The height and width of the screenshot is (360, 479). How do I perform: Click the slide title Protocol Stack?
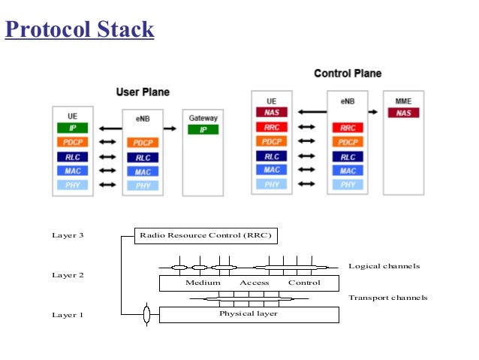[80, 29]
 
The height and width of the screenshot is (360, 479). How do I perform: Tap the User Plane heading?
[143, 92]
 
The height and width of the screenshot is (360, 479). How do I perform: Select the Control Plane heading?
[347, 74]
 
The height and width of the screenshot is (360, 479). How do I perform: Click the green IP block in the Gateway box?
[203, 130]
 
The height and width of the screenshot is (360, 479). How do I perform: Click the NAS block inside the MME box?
[403, 113]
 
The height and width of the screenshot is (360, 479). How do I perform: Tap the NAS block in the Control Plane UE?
[271, 113]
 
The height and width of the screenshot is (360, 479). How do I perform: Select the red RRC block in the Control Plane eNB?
[347, 128]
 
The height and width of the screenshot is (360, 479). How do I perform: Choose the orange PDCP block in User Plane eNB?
[143, 143]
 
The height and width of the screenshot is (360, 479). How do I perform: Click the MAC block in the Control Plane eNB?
[347, 171]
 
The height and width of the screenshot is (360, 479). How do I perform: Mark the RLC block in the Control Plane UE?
[271, 156]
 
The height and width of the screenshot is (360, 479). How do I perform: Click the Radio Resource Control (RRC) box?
[206, 236]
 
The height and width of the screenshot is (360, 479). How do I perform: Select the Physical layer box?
[248, 314]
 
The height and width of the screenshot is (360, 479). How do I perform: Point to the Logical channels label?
[384, 266]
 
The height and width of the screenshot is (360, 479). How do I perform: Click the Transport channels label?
[387, 298]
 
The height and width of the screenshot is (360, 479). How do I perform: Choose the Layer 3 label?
[68, 235]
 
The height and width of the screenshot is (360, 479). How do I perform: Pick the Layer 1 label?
[68, 315]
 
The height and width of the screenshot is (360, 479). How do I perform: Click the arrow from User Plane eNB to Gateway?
[170, 129]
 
